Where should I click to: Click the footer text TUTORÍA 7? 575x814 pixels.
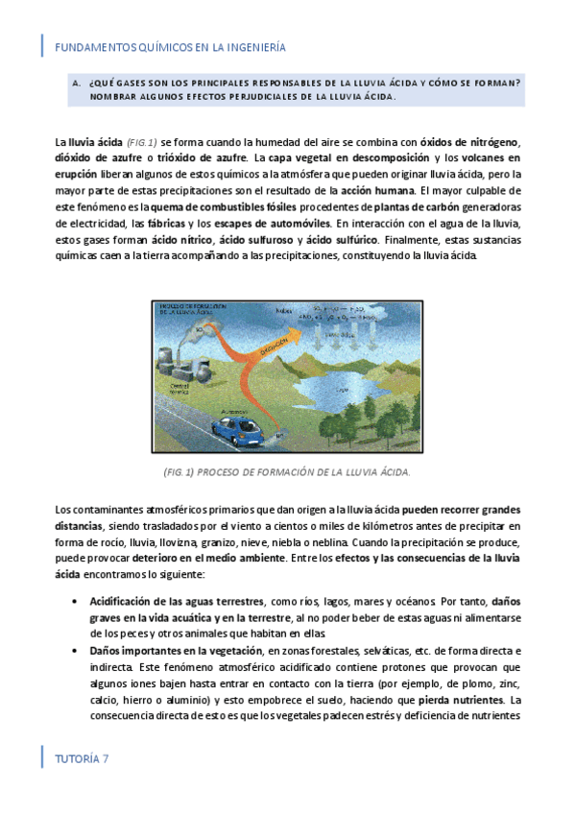coord(82,757)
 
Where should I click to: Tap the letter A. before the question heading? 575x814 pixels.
coord(76,84)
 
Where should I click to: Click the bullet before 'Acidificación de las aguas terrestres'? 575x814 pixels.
coord(76,601)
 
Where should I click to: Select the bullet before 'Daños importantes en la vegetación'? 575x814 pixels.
coord(76,650)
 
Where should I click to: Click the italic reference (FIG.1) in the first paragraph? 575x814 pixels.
coord(142,142)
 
